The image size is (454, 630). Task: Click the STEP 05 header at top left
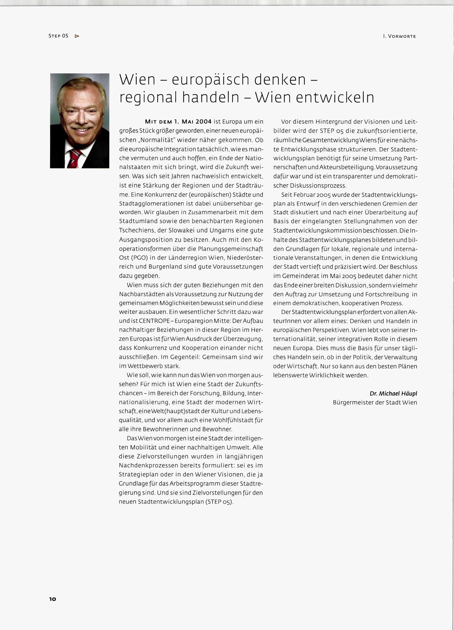click(x=58, y=36)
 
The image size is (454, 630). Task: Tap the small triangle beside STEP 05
click(x=77, y=36)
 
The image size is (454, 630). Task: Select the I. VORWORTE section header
click(x=399, y=36)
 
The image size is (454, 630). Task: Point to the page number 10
click(x=53, y=599)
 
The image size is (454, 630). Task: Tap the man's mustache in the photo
click(x=81, y=127)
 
